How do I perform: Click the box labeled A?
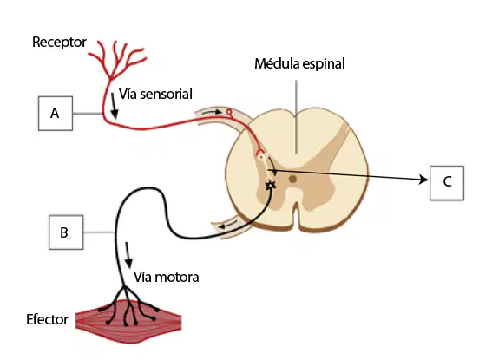coord(56,114)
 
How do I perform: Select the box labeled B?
coord(66,232)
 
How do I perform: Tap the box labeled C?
coord(447,183)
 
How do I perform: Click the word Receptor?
coord(59,42)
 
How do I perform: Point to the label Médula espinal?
coord(299,63)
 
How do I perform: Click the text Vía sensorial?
coord(155,94)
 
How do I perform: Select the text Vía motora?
coord(167,278)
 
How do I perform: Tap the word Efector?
coord(47,319)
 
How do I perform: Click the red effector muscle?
coord(128,322)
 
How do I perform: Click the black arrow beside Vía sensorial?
coord(115,106)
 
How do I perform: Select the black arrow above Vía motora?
coord(128,255)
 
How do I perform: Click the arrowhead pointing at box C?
coord(424,180)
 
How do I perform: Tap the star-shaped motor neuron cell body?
coord(271,186)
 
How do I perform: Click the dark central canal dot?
coord(292,179)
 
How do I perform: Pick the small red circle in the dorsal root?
coord(229,111)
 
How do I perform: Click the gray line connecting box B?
coord(99,232)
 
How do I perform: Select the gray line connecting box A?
coord(88,114)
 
